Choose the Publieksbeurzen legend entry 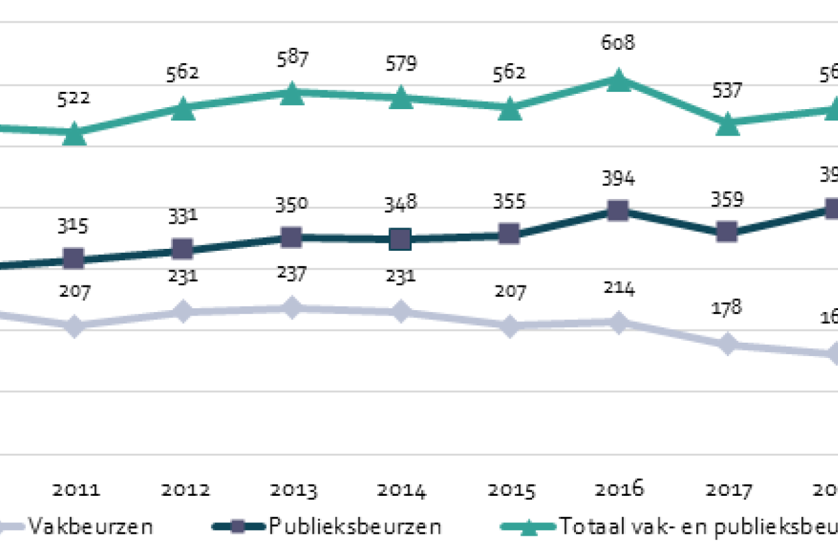355,526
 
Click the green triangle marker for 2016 619,80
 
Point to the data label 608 619,43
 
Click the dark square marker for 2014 400,238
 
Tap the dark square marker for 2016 619,212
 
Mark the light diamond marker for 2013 292,307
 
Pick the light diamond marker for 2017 728,345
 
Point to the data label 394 619,179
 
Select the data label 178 728,308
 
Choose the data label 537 728,91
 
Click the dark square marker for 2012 183,250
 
